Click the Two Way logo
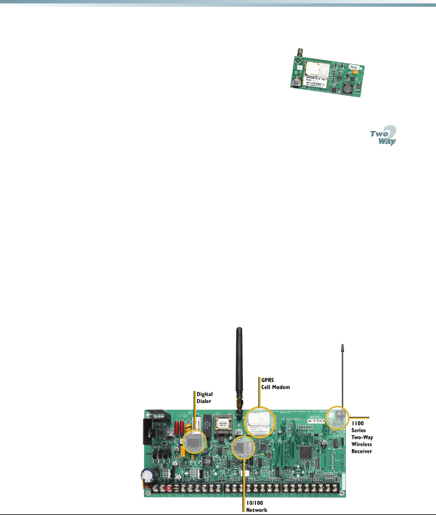coord(383,136)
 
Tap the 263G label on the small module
coord(354,67)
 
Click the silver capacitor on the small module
coord(295,83)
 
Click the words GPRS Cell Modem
coord(275,384)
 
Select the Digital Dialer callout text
coord(204,398)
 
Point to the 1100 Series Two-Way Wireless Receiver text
coord(362,437)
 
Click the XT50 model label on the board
coord(316,421)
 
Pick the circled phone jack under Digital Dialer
coord(194,441)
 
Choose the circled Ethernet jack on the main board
coord(243,447)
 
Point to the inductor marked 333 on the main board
coord(208,461)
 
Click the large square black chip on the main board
coord(305,452)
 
